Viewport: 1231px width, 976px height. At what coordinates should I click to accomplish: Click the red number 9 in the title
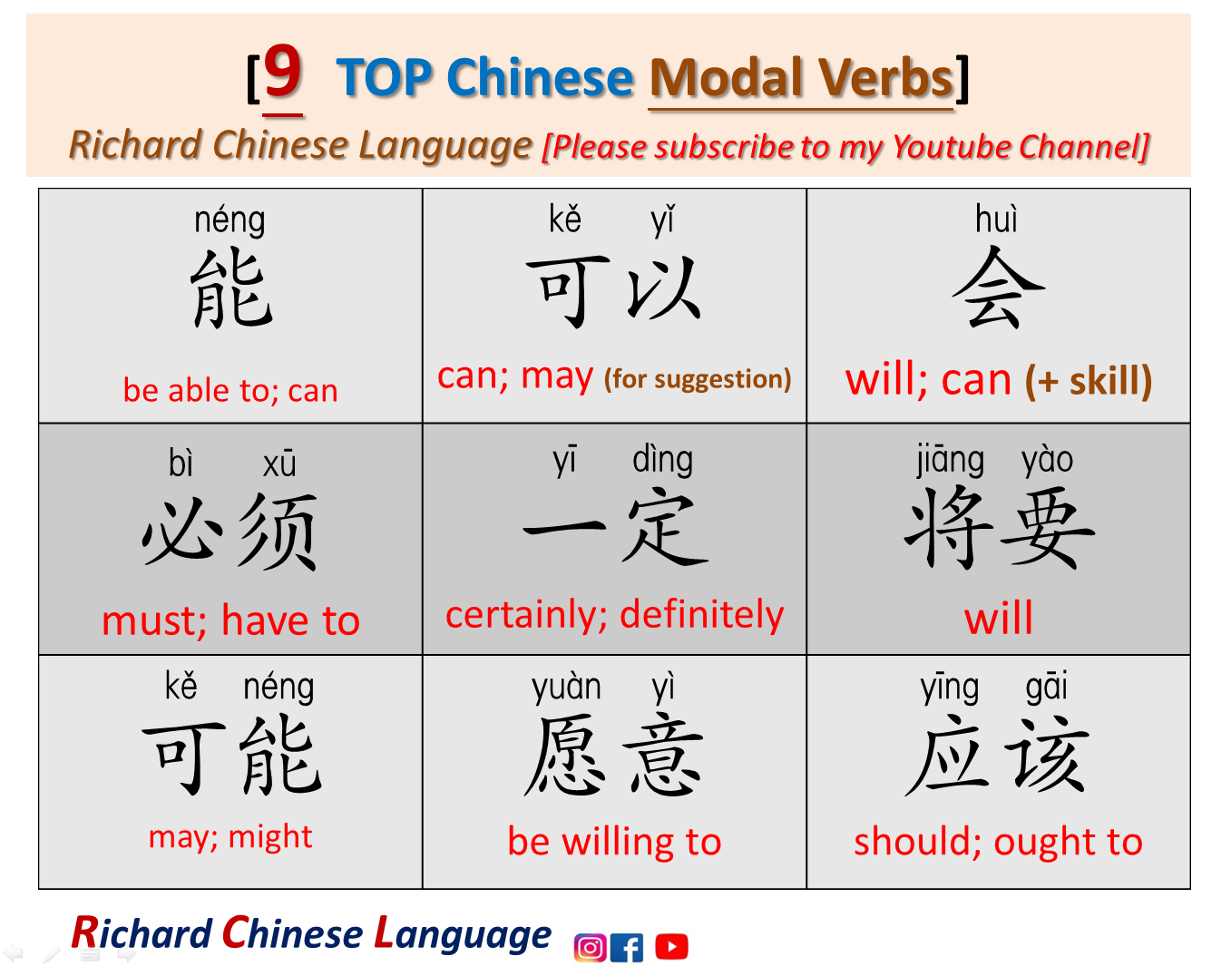tap(283, 73)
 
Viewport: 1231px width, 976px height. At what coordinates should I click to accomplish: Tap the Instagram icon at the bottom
tap(590, 947)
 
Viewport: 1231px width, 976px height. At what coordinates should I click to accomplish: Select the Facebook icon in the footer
tap(627, 948)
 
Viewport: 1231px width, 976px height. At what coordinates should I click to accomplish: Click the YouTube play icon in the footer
tap(671, 947)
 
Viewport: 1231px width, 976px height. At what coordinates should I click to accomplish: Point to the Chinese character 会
tap(998, 290)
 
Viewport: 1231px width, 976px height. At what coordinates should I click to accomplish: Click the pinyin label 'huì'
tap(996, 220)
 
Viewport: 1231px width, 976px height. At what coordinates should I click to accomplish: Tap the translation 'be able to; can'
tap(230, 390)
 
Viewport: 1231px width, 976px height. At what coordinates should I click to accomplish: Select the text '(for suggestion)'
tap(698, 378)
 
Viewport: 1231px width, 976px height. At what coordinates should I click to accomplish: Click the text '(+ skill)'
tap(1089, 380)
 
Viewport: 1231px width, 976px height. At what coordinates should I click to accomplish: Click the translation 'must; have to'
tap(230, 621)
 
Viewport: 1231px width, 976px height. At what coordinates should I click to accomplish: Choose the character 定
tap(665, 528)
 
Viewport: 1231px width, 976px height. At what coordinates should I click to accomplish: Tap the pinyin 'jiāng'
tap(950, 461)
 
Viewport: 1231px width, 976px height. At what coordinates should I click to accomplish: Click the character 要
tap(1048, 528)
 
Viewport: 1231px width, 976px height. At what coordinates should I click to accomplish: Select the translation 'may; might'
tap(230, 836)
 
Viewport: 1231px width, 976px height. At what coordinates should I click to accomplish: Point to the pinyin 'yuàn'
tap(566, 688)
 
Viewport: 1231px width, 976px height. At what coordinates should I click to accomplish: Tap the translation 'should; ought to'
tap(998, 842)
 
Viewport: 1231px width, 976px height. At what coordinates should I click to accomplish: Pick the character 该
tap(1048, 756)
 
